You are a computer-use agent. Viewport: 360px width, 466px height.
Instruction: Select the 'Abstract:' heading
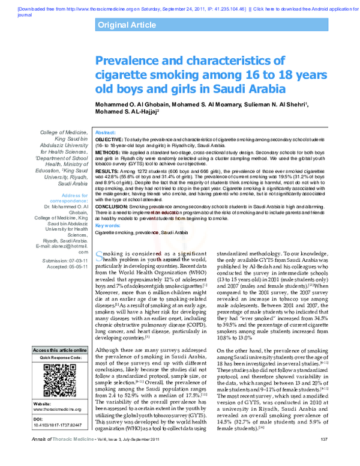pos(106,132)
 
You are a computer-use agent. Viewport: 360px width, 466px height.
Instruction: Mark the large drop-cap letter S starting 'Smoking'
pos(100,273)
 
